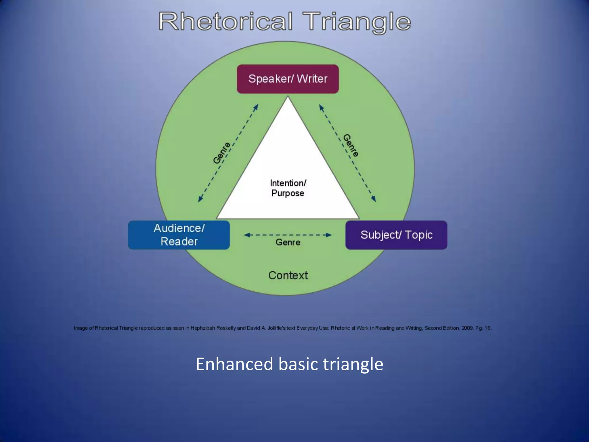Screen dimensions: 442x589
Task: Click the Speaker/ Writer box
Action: [x=288, y=79]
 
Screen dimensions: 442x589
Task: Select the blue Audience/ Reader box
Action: [x=179, y=235]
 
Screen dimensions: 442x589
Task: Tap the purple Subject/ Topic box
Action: [x=396, y=235]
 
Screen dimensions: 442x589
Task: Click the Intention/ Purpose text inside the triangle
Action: [x=288, y=188]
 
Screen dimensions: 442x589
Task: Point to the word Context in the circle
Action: [x=288, y=275]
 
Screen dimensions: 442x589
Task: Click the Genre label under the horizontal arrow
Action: [x=288, y=242]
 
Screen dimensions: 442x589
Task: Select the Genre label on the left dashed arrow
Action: [x=222, y=153]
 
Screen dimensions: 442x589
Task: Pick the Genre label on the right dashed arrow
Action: [x=351, y=145]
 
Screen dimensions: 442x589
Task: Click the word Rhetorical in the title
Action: [x=225, y=22]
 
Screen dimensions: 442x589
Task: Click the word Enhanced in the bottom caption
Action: [x=234, y=364]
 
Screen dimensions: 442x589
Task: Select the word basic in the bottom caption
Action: [x=298, y=364]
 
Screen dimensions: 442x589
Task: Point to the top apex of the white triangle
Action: [x=288, y=97]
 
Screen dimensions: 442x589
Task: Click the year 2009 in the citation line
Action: [x=467, y=328]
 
